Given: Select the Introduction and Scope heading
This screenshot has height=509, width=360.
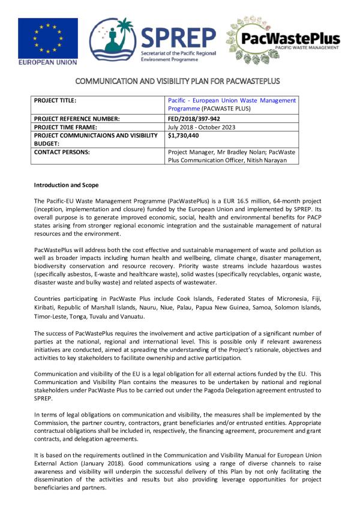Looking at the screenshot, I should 66,185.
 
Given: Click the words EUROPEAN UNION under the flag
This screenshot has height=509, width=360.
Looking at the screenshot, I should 47,62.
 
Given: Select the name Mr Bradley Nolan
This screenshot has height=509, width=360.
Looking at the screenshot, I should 239,152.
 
